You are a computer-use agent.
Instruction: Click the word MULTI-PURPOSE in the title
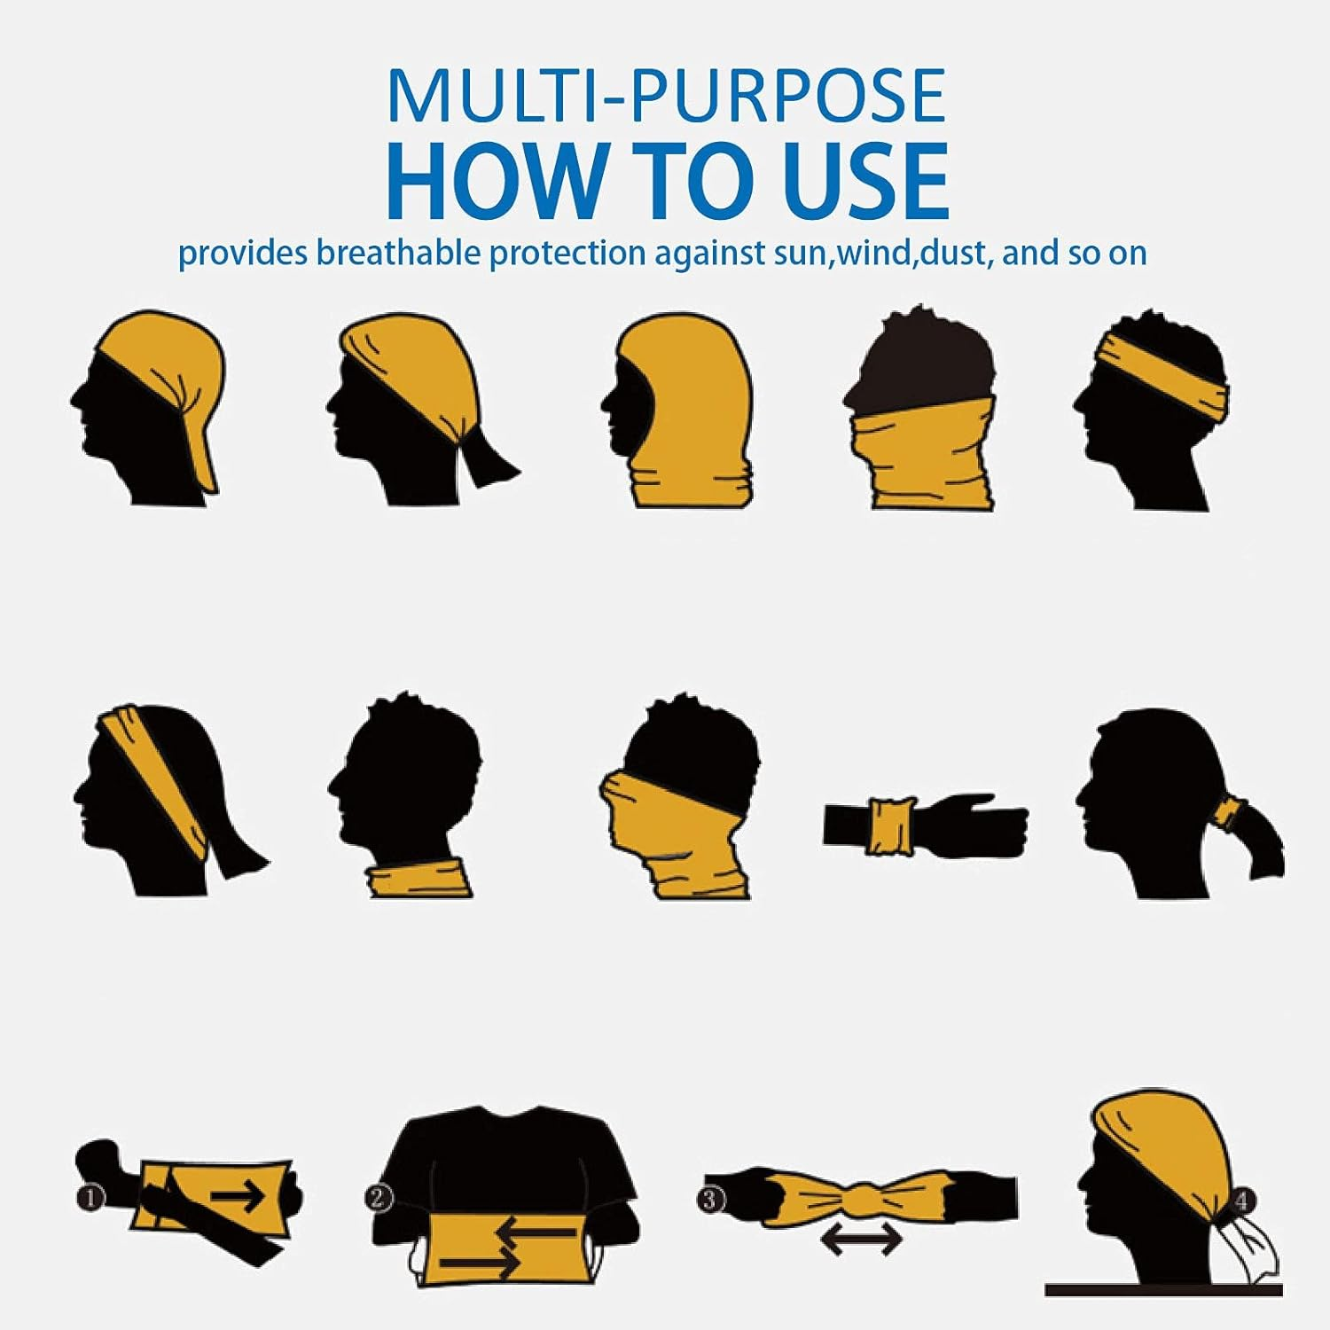pos(667,96)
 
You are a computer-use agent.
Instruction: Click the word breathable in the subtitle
pos(399,253)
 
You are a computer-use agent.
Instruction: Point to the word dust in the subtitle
pos(955,253)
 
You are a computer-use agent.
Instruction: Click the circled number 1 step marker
pos(90,1198)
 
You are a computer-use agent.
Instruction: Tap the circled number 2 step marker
pos(378,1198)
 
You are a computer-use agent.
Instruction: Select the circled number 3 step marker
pos(712,1201)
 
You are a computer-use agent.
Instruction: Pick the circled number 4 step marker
pos(1241,1201)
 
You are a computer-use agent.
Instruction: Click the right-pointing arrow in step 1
pos(237,1197)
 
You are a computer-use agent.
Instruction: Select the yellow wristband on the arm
pos(891,826)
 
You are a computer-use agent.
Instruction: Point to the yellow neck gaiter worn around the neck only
pos(419,879)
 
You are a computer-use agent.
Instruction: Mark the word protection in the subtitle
pos(567,253)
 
